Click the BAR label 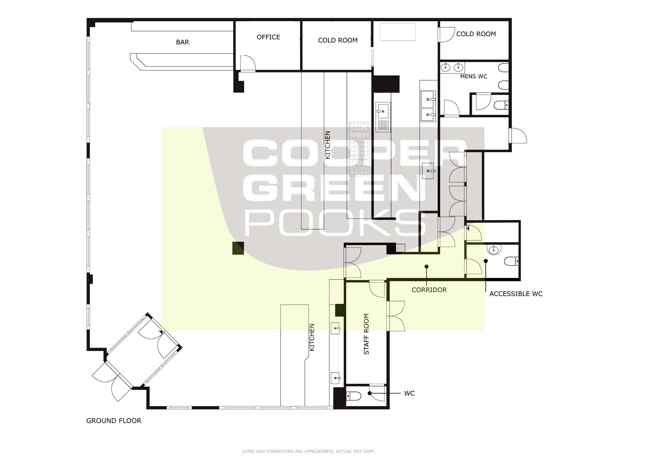click(182, 42)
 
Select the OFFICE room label click(268, 37)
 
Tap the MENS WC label click(474, 76)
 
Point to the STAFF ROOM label click(366, 334)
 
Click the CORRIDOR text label click(429, 290)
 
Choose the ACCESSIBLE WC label click(516, 294)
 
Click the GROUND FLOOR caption click(114, 421)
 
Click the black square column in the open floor click(238, 248)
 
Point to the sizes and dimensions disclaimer click(308, 451)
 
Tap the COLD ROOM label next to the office click(338, 40)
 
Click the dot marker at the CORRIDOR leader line click(426, 267)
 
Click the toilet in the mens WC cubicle click(501, 105)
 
